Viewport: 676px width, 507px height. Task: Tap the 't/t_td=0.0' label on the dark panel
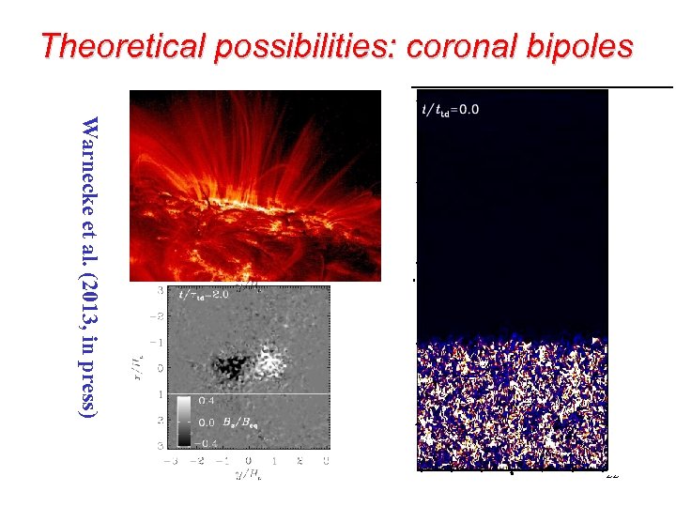(451, 110)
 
